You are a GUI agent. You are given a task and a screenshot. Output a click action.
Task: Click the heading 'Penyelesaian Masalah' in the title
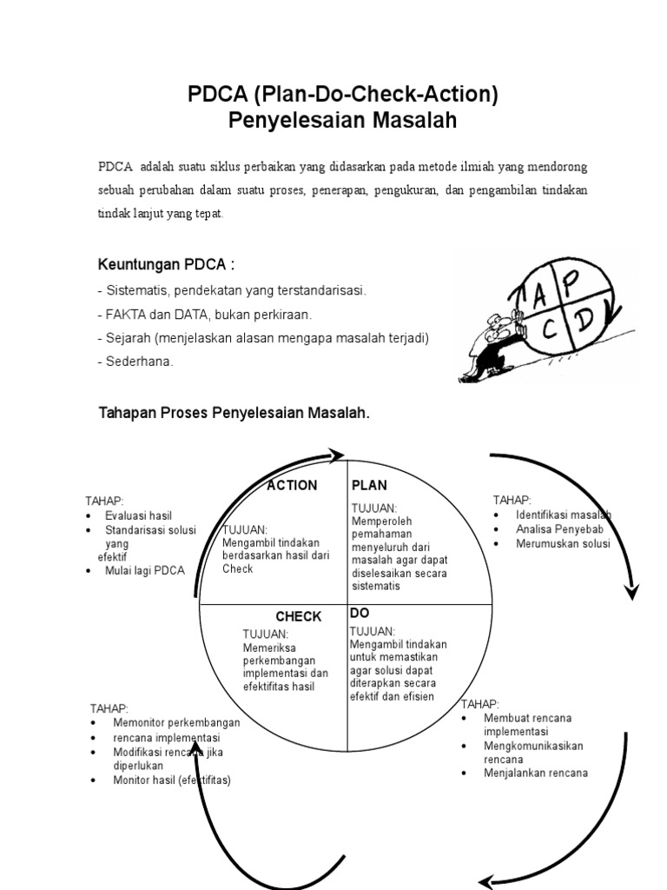tap(342, 120)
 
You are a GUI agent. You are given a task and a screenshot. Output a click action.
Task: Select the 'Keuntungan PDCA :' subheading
tap(166, 264)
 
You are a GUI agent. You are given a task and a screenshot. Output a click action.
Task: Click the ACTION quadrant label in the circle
tap(292, 485)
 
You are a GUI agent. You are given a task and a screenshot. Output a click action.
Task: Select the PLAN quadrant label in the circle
tap(369, 485)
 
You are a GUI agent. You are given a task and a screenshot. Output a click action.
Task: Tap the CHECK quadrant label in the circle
tap(298, 616)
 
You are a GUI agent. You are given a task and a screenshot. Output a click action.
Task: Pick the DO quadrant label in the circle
tap(359, 613)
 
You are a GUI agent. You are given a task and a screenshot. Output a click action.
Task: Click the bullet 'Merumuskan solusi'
tap(563, 543)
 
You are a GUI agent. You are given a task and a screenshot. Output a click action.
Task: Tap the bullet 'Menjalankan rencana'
tap(536, 773)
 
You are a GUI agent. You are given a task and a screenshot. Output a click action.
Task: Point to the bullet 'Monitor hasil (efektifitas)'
tap(172, 780)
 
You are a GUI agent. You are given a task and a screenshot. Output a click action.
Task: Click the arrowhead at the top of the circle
tap(336, 455)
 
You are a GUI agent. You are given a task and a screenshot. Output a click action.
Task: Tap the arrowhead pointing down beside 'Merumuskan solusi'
tap(631, 590)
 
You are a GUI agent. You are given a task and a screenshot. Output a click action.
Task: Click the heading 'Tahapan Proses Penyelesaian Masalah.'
tap(234, 413)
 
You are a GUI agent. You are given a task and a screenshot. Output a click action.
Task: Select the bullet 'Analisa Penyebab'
tap(558, 529)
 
